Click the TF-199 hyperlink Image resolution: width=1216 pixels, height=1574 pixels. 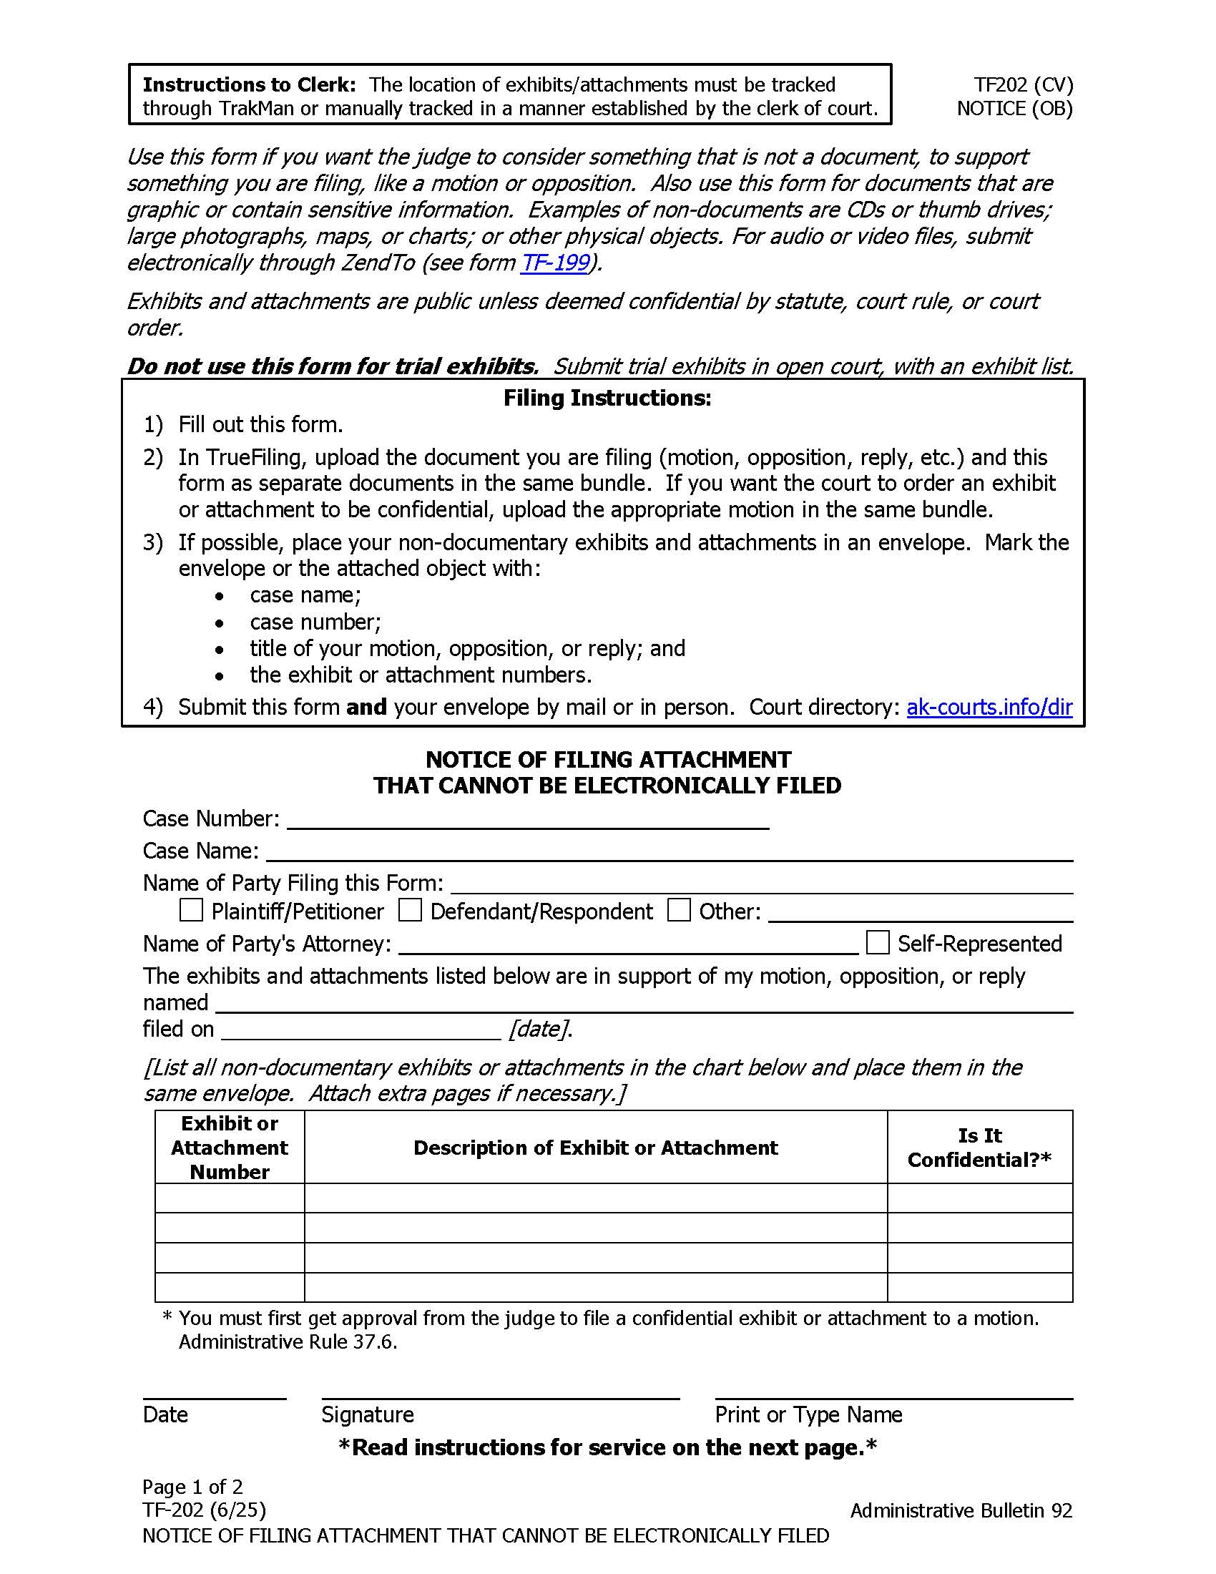point(554,263)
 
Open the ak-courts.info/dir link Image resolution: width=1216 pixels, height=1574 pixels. point(989,707)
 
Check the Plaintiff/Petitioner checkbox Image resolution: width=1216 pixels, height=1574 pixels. point(191,910)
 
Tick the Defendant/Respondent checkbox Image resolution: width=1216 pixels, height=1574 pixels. point(410,910)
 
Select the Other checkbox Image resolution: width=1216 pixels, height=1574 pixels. point(679,910)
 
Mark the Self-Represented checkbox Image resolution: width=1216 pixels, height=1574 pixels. point(877,942)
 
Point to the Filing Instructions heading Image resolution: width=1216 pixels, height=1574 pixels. point(607,398)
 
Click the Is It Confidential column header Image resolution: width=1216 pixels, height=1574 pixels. point(979,1148)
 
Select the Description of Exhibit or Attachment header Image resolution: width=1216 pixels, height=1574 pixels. point(595,1148)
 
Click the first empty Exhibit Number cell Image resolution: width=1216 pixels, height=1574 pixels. point(229,1198)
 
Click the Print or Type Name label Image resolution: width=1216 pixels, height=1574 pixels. point(808,1414)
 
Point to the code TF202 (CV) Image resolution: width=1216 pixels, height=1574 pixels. point(1023,85)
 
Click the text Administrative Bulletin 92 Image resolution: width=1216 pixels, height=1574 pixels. point(960,1510)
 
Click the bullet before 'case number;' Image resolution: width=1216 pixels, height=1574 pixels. point(219,622)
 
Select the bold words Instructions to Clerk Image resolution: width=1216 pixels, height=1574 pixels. point(249,85)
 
